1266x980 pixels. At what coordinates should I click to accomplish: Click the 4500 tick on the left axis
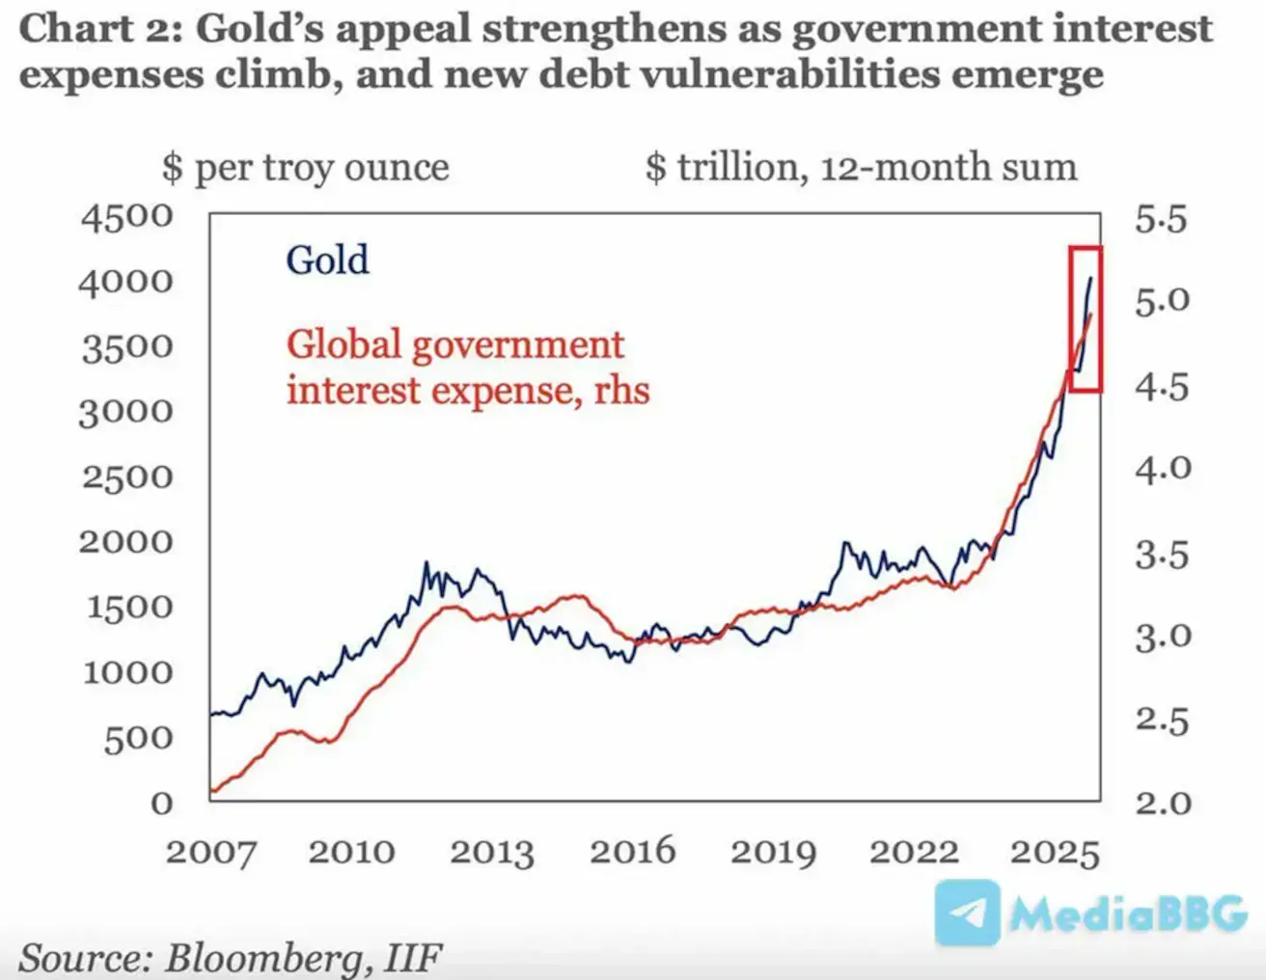pyautogui.click(x=126, y=217)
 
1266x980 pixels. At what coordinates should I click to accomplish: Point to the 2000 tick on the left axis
pyautogui.click(x=126, y=542)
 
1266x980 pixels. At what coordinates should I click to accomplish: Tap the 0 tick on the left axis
pyautogui.click(x=161, y=803)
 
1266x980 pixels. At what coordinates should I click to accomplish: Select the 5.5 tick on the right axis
pyautogui.click(x=1162, y=219)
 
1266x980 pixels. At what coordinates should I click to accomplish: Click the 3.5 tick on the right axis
pyautogui.click(x=1162, y=555)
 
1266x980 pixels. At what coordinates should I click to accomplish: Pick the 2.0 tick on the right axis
pyautogui.click(x=1162, y=803)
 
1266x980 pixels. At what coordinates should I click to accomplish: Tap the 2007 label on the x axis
pyautogui.click(x=210, y=852)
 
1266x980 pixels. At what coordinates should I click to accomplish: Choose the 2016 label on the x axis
pyautogui.click(x=632, y=852)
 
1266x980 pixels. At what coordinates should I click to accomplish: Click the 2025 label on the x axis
pyautogui.click(x=1054, y=852)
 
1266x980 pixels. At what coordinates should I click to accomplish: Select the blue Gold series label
pyautogui.click(x=327, y=260)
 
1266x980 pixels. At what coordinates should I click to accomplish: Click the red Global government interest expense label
pyautogui.click(x=467, y=367)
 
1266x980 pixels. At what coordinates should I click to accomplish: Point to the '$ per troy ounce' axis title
pyautogui.click(x=305, y=168)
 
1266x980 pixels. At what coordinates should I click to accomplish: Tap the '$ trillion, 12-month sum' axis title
pyautogui.click(x=861, y=168)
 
